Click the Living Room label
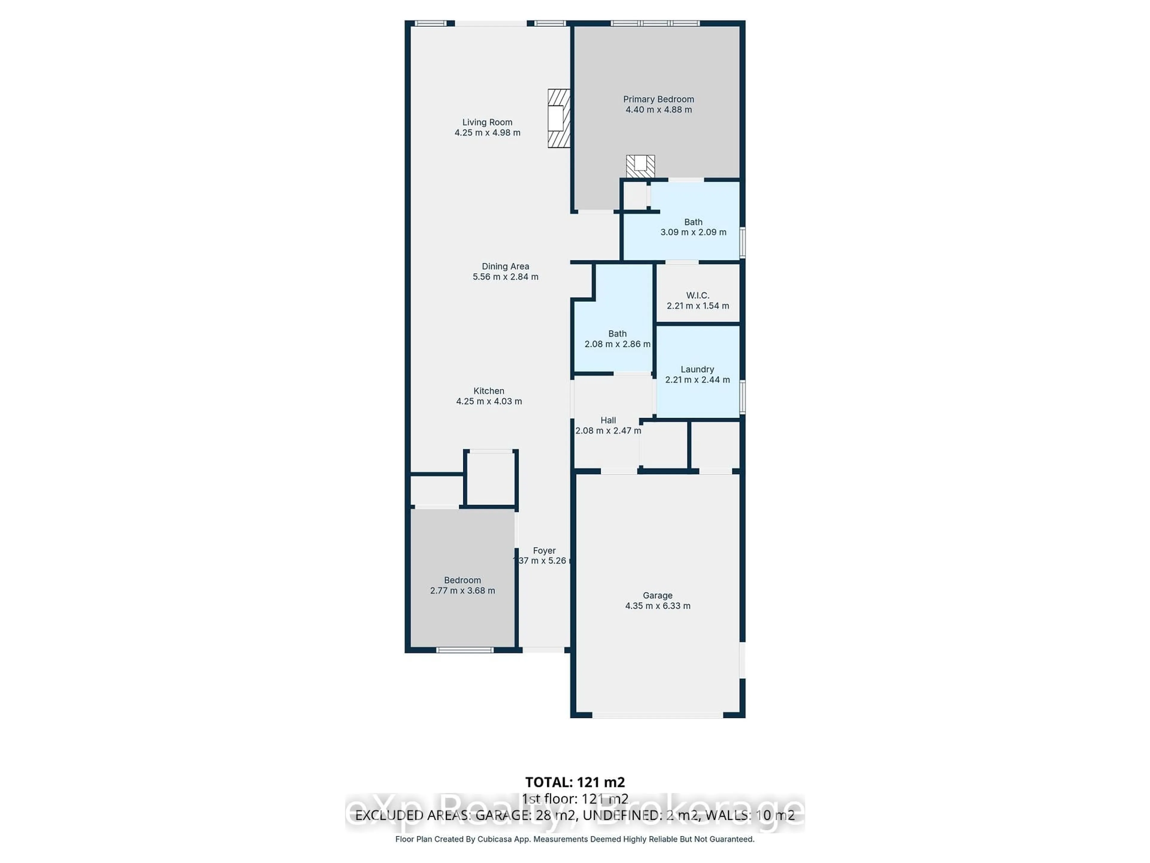[x=487, y=122]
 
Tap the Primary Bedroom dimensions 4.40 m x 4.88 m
[x=658, y=110]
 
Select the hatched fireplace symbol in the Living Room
[x=558, y=118]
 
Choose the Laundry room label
[x=697, y=369]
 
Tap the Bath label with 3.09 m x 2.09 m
[x=693, y=222]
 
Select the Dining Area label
[x=505, y=266]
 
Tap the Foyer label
[x=544, y=550]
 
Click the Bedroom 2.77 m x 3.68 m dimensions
[x=462, y=590]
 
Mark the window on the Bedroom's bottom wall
[x=464, y=650]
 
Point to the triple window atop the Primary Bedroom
[x=655, y=23]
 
